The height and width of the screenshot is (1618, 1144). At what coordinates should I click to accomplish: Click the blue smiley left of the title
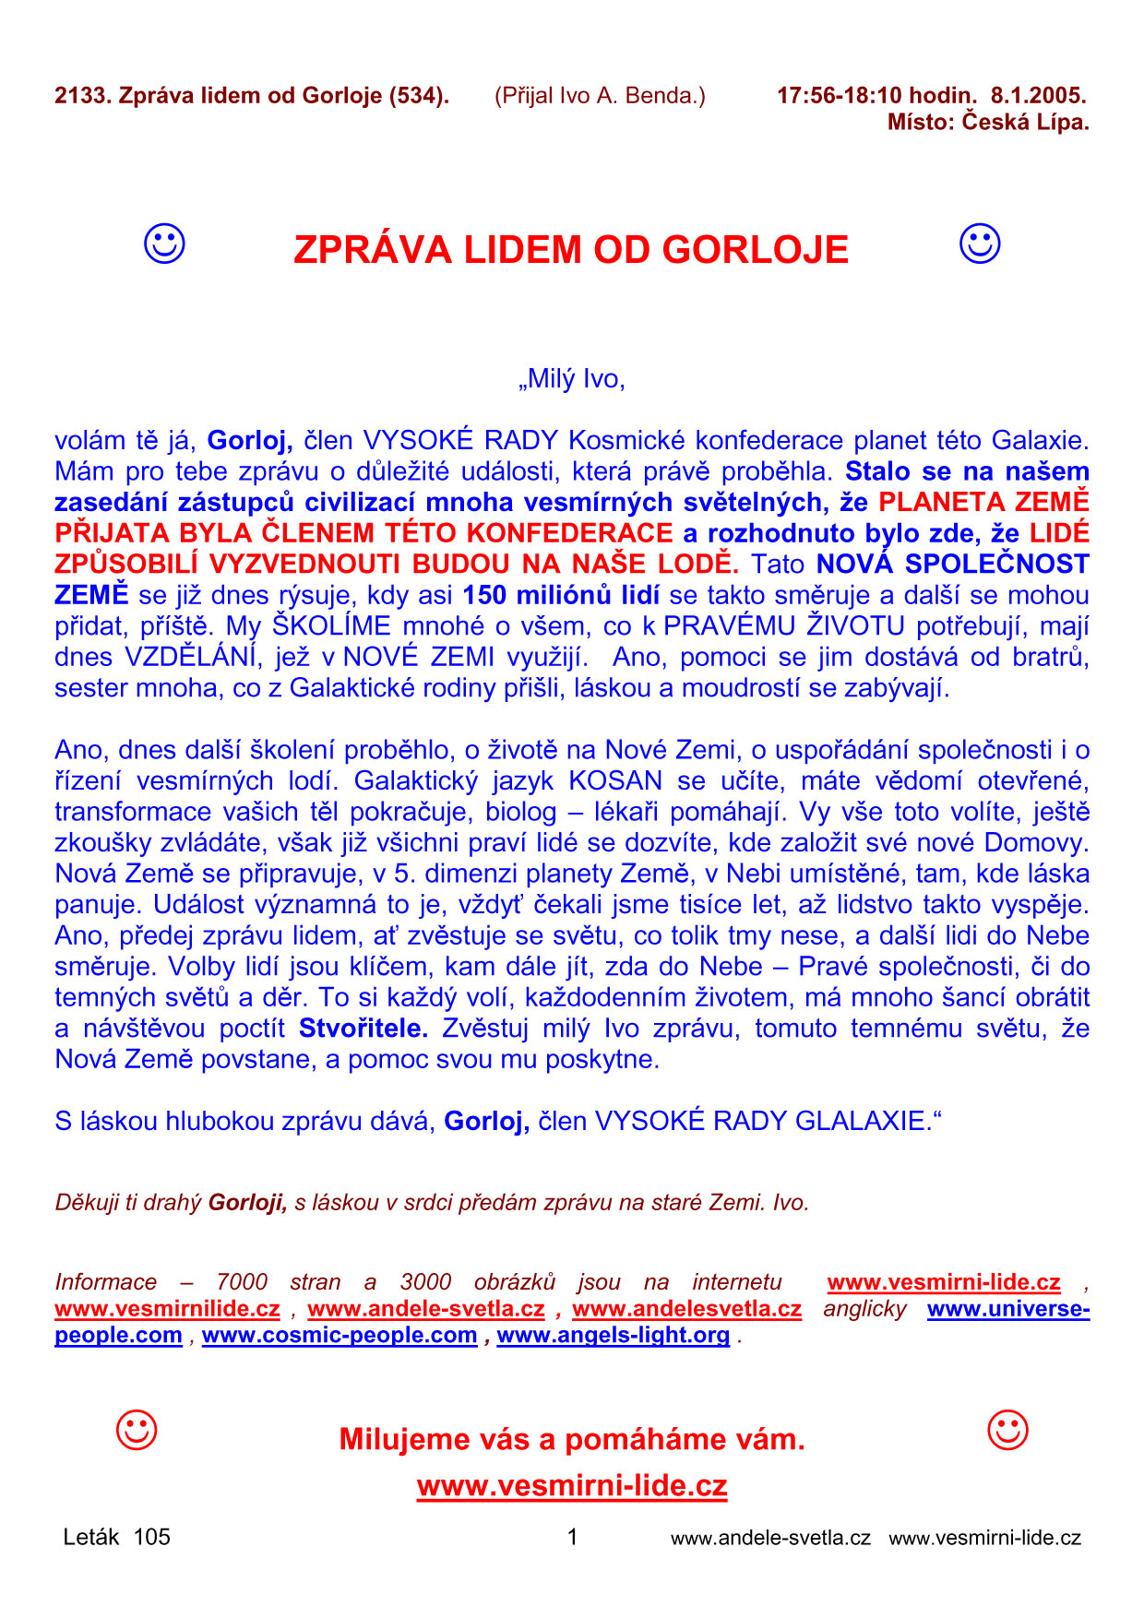coord(164,244)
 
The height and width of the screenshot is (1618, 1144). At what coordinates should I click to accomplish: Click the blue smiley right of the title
coord(980,244)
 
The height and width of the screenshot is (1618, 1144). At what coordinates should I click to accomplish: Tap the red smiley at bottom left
coord(137,1431)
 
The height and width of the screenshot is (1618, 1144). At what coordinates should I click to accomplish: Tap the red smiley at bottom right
coord(1007,1431)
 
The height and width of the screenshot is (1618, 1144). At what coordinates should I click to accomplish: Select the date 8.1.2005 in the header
coord(1038,95)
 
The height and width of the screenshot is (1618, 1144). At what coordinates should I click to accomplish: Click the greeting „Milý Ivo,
coord(572,379)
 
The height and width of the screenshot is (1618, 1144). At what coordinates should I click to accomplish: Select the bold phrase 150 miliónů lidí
coord(561,595)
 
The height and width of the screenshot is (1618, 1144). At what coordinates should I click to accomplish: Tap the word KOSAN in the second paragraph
coord(615,780)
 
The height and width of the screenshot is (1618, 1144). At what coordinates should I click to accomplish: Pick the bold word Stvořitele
coord(363,1028)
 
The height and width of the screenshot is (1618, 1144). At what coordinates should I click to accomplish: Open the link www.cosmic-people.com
coord(340,1335)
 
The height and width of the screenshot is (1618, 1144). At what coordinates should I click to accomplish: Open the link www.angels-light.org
coord(613,1335)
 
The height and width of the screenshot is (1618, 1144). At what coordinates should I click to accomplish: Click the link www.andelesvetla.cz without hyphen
coord(686,1309)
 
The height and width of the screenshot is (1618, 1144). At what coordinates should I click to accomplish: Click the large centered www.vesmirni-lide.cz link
coord(572,1486)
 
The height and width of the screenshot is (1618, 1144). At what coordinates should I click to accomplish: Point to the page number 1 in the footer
coord(572,1537)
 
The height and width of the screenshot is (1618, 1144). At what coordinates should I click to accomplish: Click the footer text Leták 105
coord(117,1537)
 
